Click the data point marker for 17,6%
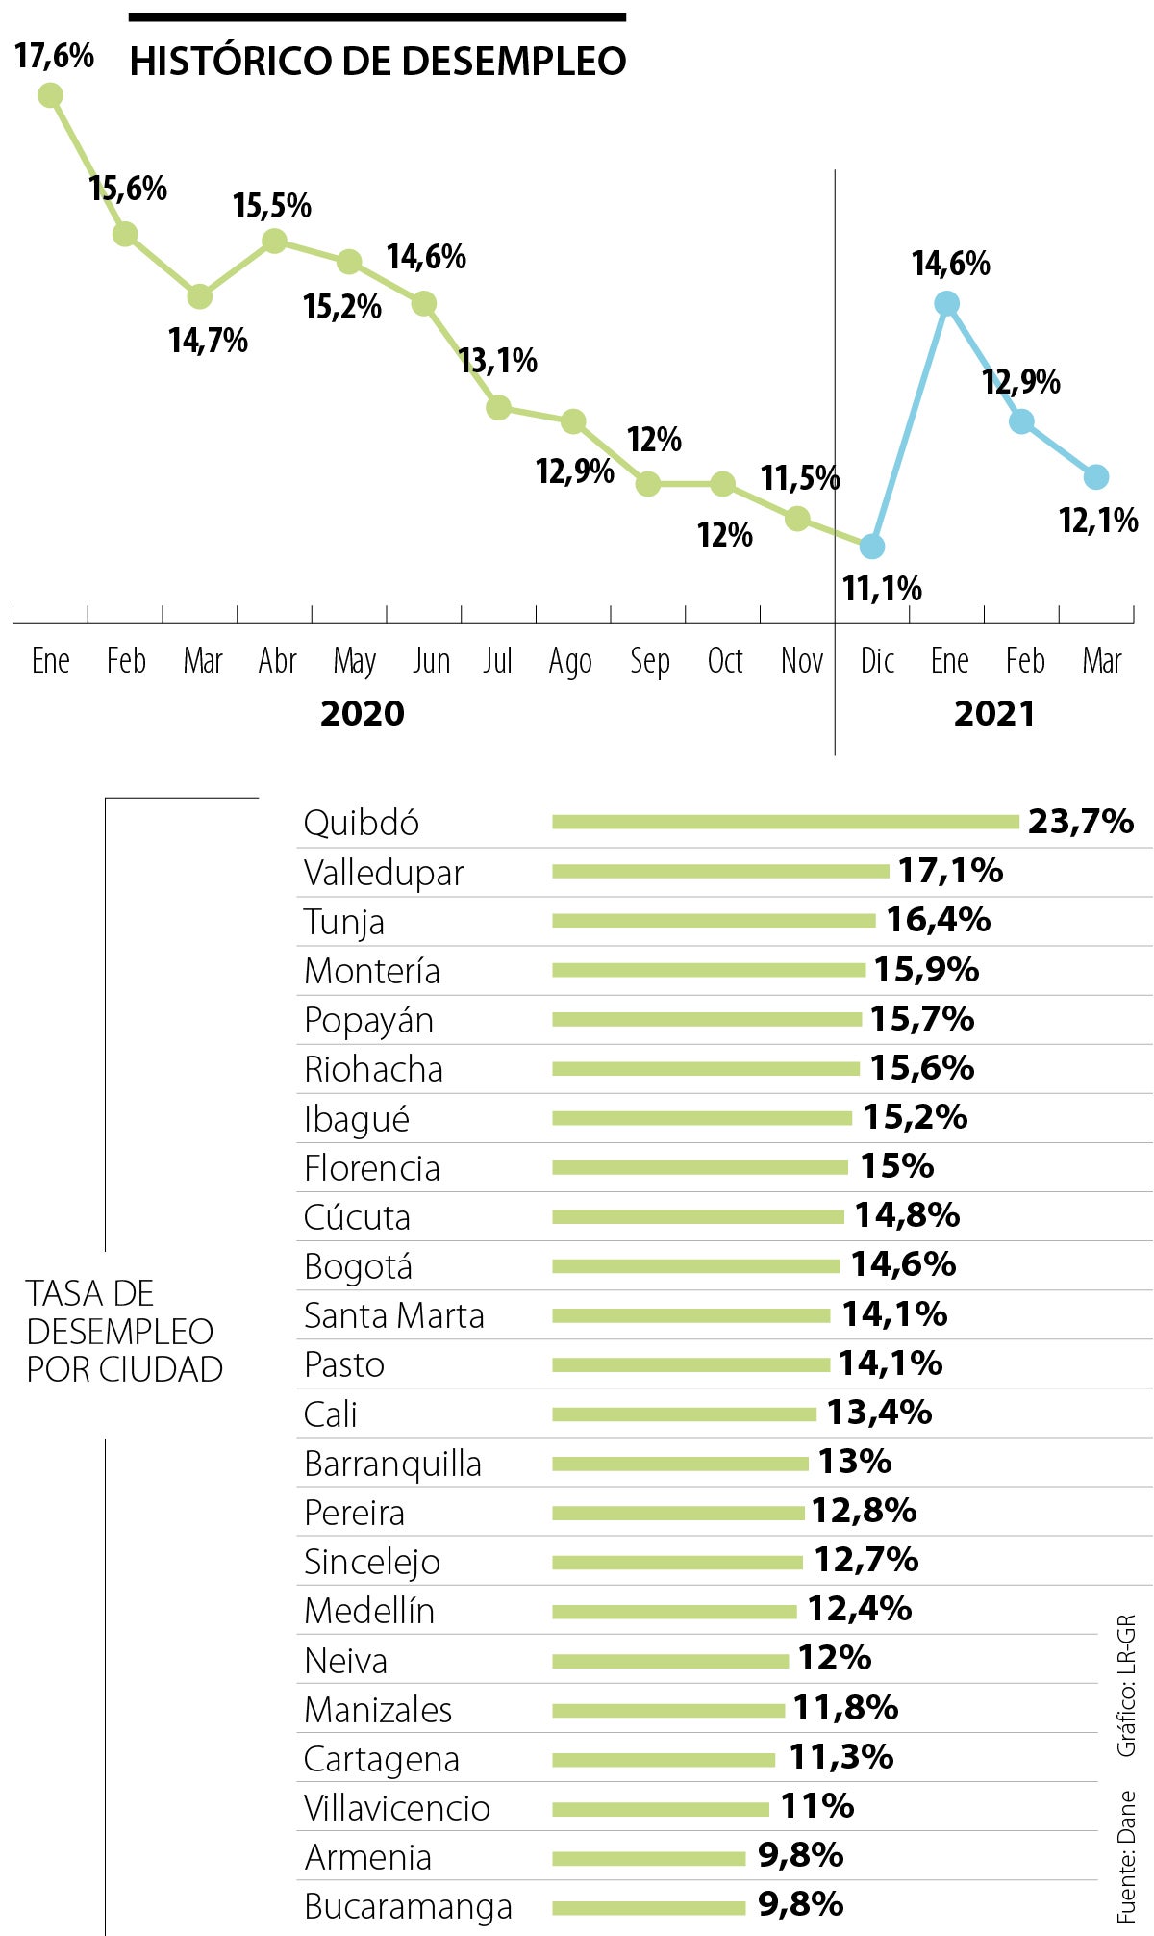tap(50, 95)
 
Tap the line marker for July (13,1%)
tap(498, 407)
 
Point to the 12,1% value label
tap(1098, 521)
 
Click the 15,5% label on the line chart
tap(272, 206)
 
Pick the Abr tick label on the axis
tap(278, 661)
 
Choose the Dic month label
tap(877, 661)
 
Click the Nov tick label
tap(802, 661)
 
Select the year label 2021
tap(994, 714)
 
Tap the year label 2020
tap(363, 714)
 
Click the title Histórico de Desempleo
tap(378, 62)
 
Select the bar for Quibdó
tap(785, 822)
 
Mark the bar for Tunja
tap(714, 921)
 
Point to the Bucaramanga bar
tap(648, 1907)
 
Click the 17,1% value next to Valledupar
tap(950, 871)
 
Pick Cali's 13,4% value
tap(879, 1413)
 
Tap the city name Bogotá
tap(358, 1266)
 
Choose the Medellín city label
tap(369, 1611)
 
